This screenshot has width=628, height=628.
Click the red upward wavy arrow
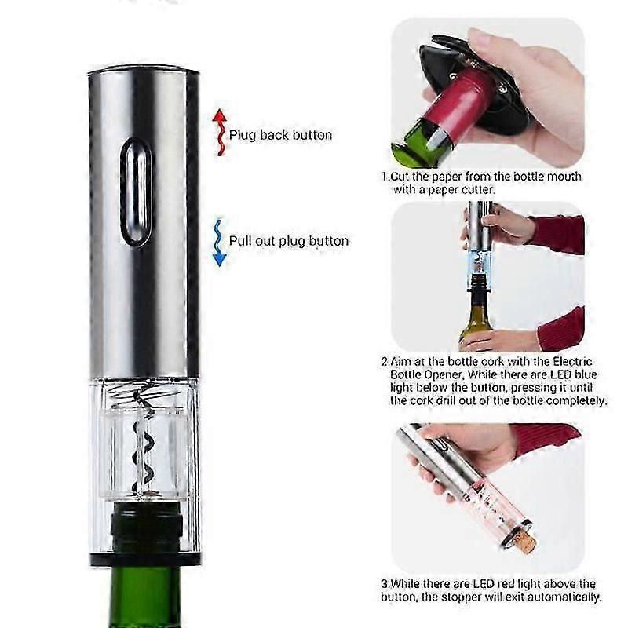point(220,132)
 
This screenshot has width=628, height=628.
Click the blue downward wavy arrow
point(219,243)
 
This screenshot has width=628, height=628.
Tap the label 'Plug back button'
point(280,135)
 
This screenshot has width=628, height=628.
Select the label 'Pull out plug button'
point(289,241)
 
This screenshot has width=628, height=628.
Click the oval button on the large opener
point(136,192)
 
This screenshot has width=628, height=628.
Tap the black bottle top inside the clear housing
point(146,527)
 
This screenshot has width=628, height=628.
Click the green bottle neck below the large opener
point(145,597)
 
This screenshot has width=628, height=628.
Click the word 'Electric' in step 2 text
point(572,362)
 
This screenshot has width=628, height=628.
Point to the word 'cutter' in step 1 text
point(479,189)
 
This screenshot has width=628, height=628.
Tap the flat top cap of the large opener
point(144,71)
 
